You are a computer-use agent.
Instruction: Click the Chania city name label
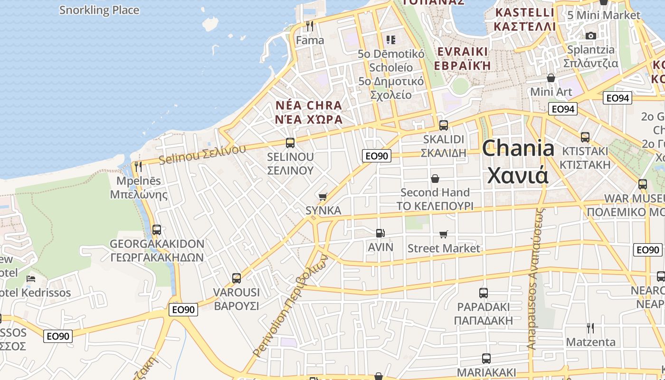[518, 161]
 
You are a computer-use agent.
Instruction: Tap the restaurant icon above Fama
[310, 26]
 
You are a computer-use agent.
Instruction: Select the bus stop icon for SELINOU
[290, 142]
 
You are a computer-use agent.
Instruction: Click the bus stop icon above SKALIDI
[443, 125]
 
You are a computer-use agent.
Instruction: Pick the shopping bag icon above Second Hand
[435, 179]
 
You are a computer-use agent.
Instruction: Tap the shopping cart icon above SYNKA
[323, 196]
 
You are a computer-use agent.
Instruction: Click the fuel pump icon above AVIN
[380, 233]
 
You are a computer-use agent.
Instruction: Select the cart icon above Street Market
[444, 234]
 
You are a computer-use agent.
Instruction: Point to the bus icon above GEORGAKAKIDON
[156, 230]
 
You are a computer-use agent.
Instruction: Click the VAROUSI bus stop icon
[237, 278]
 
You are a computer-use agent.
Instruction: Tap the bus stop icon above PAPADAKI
[484, 293]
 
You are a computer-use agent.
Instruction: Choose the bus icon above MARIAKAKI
[486, 358]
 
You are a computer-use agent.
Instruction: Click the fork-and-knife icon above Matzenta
[590, 328]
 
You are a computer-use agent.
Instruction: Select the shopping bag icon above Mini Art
[551, 78]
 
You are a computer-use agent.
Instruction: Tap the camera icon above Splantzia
[590, 36]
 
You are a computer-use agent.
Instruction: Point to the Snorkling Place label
[99, 10]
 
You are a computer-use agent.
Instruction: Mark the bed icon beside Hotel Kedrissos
[31, 279]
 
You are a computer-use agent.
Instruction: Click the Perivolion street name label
[290, 306]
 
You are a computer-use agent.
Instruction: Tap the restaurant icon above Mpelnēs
[138, 166]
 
